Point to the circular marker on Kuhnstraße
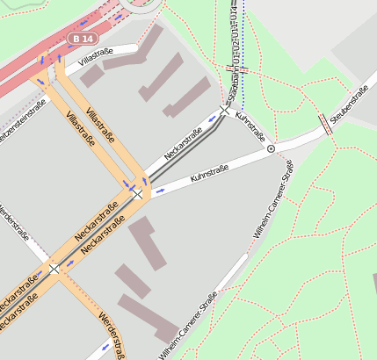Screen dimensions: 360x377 click(x=271, y=149)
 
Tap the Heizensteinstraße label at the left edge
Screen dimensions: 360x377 click(x=23, y=122)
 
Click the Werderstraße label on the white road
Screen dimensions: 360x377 click(x=14, y=224)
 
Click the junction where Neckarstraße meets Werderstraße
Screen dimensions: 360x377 click(x=54, y=268)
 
